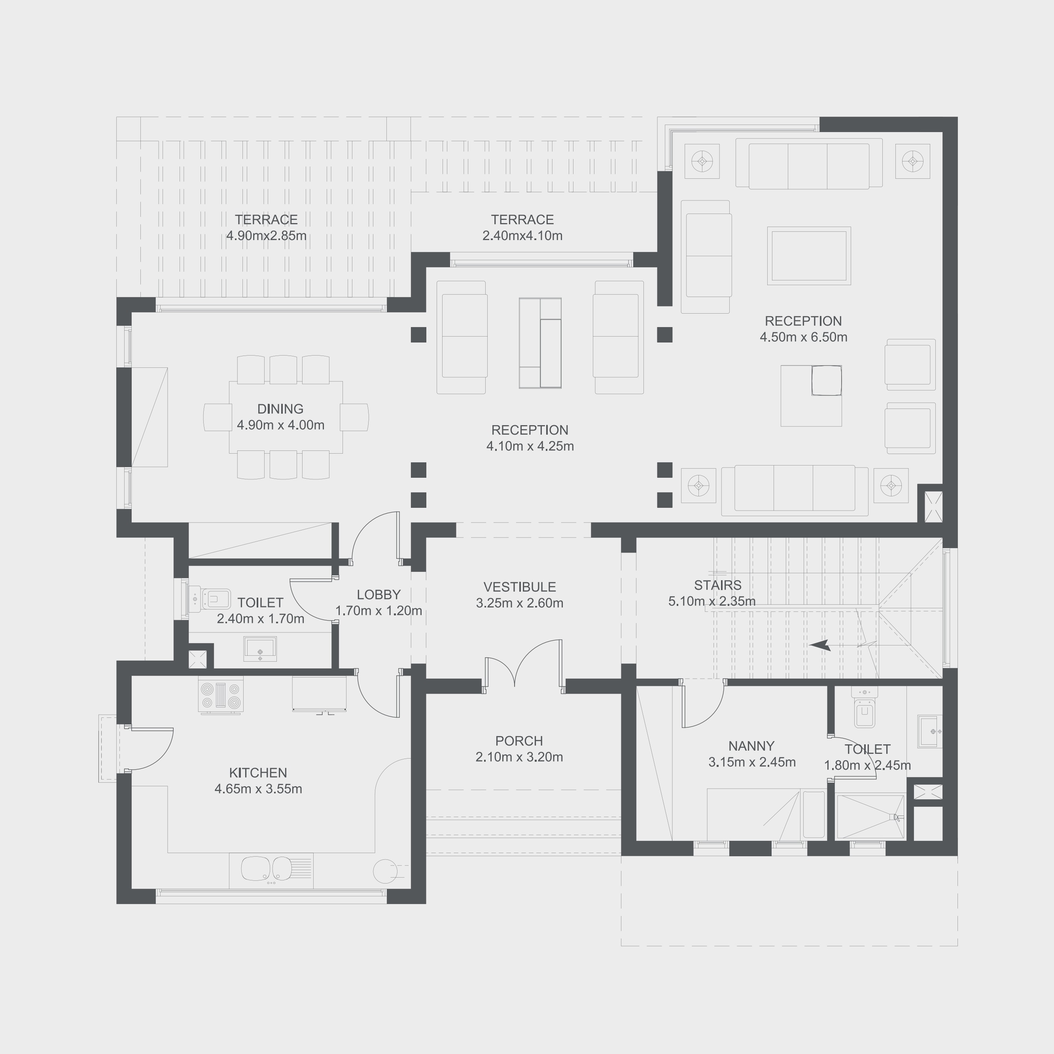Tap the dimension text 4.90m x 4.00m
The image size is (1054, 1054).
click(280, 425)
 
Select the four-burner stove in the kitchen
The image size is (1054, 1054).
click(220, 696)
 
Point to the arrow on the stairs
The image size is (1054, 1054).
click(819, 645)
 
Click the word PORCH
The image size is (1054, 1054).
click(519, 741)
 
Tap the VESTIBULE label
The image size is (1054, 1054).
click(519, 587)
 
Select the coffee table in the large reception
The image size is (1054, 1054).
click(808, 256)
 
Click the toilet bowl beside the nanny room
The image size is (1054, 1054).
click(865, 713)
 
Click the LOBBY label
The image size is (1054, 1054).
click(378, 595)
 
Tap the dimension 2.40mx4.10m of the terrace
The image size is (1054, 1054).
click(522, 236)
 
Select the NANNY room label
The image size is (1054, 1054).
click(751, 746)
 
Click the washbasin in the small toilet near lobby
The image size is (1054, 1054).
click(260, 648)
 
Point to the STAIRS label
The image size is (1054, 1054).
click(717, 585)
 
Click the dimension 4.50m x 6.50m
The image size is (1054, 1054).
click(803, 337)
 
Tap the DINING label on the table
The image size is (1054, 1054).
click(280, 409)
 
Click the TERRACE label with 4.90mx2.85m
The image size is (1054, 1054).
click(266, 220)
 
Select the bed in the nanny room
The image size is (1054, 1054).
click(753, 814)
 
